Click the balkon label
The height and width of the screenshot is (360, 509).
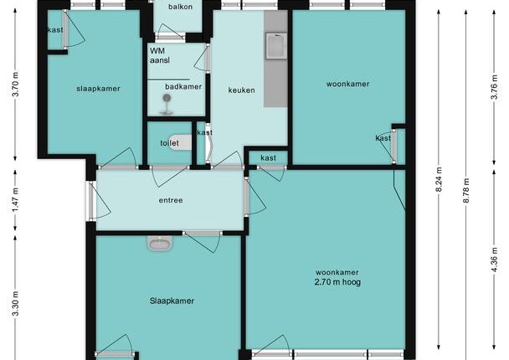point(180,7)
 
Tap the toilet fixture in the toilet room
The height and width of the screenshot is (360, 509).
point(180,142)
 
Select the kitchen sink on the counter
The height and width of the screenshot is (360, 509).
point(276,46)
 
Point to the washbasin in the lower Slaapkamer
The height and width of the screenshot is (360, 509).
point(160,243)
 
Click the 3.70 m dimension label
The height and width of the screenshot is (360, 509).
point(15,85)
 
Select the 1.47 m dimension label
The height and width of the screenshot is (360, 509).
point(15,201)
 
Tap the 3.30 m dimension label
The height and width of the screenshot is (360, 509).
point(15,304)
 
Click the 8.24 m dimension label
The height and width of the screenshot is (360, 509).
point(439,179)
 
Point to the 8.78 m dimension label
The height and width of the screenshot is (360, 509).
point(466,191)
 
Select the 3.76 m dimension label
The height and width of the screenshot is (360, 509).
point(494,87)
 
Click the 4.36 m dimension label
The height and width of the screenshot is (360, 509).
point(494,260)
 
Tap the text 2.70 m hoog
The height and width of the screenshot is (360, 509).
point(337,282)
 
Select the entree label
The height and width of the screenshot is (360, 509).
point(171,200)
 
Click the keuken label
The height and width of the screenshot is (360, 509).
point(241,90)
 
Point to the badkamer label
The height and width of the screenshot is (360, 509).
point(183,87)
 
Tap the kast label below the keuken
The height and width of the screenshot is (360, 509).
point(269,158)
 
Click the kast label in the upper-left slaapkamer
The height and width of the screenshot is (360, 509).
point(55,30)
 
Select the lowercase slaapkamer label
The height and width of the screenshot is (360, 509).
point(98,89)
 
